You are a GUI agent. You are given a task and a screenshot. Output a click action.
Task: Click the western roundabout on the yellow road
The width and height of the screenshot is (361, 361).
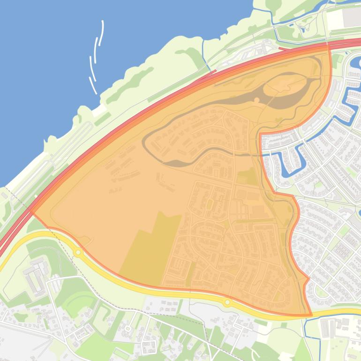click(x=78, y=253)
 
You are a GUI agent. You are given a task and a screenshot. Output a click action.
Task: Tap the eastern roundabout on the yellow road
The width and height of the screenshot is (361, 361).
click(x=228, y=302)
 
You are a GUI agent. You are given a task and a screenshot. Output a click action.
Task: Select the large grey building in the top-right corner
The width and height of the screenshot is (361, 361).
click(x=352, y=18)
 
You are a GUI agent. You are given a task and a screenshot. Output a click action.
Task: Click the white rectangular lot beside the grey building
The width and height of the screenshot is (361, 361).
click(x=335, y=19)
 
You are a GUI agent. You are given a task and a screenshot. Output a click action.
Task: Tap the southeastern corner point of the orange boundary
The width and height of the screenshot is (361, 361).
click(x=310, y=315)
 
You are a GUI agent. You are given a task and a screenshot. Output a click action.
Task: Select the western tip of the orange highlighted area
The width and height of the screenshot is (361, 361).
click(x=32, y=212)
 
